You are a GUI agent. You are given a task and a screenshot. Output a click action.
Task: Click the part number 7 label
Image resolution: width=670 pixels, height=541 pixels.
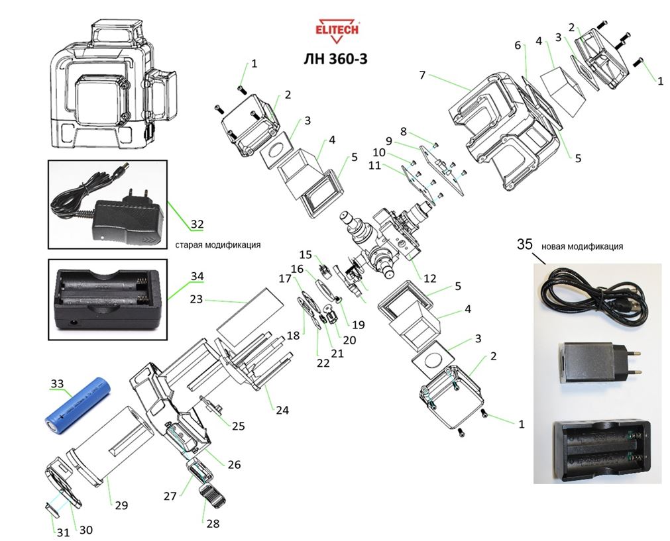click(421, 75)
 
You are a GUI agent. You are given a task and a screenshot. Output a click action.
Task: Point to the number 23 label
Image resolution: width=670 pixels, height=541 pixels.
click(196, 299)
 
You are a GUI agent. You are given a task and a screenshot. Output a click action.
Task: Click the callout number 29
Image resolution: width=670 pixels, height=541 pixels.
click(120, 506)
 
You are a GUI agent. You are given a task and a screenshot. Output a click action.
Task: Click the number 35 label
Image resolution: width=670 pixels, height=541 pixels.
click(524, 245)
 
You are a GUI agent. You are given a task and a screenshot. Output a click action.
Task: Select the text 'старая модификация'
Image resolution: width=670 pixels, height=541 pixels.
click(217, 244)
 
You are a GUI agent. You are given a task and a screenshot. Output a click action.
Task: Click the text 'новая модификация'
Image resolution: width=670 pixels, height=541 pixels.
click(582, 246)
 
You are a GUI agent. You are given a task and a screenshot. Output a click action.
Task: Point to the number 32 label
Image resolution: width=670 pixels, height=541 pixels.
click(197, 224)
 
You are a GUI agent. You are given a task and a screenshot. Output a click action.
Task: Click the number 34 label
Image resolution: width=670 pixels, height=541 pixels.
click(197, 275)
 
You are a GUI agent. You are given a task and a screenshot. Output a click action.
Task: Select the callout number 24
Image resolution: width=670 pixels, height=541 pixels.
click(282, 411)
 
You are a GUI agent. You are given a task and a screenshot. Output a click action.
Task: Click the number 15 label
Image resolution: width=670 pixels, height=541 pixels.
click(305, 255)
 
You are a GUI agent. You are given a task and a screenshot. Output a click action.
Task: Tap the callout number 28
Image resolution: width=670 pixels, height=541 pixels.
click(212, 523)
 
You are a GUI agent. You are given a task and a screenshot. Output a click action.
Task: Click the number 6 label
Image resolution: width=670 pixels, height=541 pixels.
click(518, 46)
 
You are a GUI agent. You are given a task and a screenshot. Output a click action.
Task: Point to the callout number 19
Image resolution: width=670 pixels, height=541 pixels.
click(359, 325)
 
